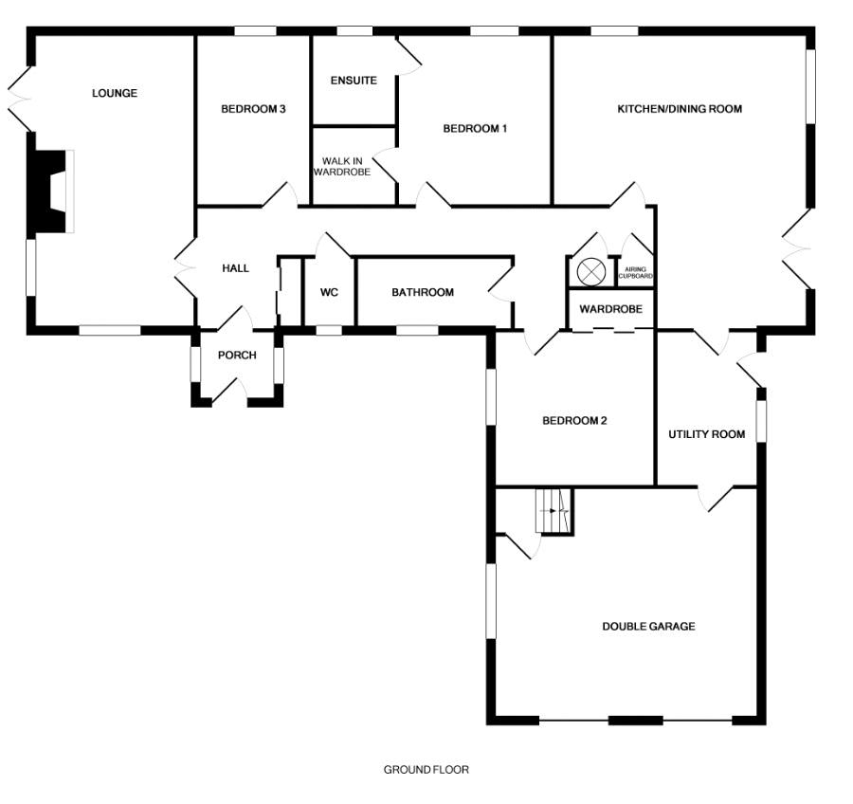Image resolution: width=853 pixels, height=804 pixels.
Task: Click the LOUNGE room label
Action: click(115, 93)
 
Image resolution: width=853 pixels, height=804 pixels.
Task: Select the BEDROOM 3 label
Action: click(253, 109)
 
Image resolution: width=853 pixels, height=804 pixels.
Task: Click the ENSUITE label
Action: click(354, 81)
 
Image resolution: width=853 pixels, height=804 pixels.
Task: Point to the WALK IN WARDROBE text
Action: click(342, 167)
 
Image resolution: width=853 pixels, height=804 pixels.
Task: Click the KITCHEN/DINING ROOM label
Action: click(680, 109)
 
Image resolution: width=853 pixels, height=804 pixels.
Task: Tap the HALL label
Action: click(235, 268)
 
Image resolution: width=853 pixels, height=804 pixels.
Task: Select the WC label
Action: click(329, 292)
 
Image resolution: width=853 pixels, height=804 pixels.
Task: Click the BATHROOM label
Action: click(423, 292)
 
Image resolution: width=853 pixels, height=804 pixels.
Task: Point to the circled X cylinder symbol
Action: click(591, 271)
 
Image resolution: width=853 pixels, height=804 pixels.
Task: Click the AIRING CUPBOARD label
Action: click(636, 272)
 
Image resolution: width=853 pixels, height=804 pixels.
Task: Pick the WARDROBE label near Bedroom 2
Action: click(611, 309)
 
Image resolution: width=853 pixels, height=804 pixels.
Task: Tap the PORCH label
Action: click(237, 356)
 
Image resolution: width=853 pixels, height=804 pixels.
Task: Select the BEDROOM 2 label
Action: click(574, 421)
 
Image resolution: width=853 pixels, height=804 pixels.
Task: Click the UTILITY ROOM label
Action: click(707, 434)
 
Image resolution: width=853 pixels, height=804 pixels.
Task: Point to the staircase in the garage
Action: click(554, 512)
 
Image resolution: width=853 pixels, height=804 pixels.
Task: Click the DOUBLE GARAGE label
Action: click(649, 626)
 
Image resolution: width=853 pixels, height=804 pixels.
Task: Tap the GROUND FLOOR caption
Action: click(426, 770)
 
